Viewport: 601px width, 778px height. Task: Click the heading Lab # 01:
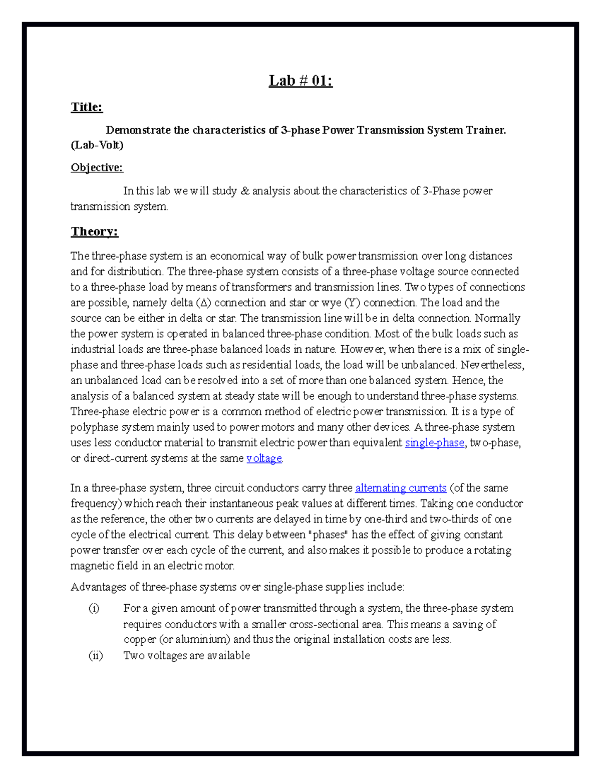300,81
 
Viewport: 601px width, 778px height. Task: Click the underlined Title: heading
87,107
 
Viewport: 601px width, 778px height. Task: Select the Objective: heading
97,167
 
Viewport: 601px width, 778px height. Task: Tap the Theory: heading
94,231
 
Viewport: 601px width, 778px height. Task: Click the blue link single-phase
434,443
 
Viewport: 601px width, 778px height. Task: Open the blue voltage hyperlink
264,458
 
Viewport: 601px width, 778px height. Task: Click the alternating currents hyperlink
400,488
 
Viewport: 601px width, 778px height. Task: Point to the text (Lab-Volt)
97,145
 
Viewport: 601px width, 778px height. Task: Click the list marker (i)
94,609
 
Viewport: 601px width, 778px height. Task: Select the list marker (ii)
95,656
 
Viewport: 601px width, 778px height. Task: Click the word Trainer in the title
485,130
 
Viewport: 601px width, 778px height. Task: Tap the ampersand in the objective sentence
245,191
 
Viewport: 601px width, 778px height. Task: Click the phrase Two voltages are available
186,656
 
